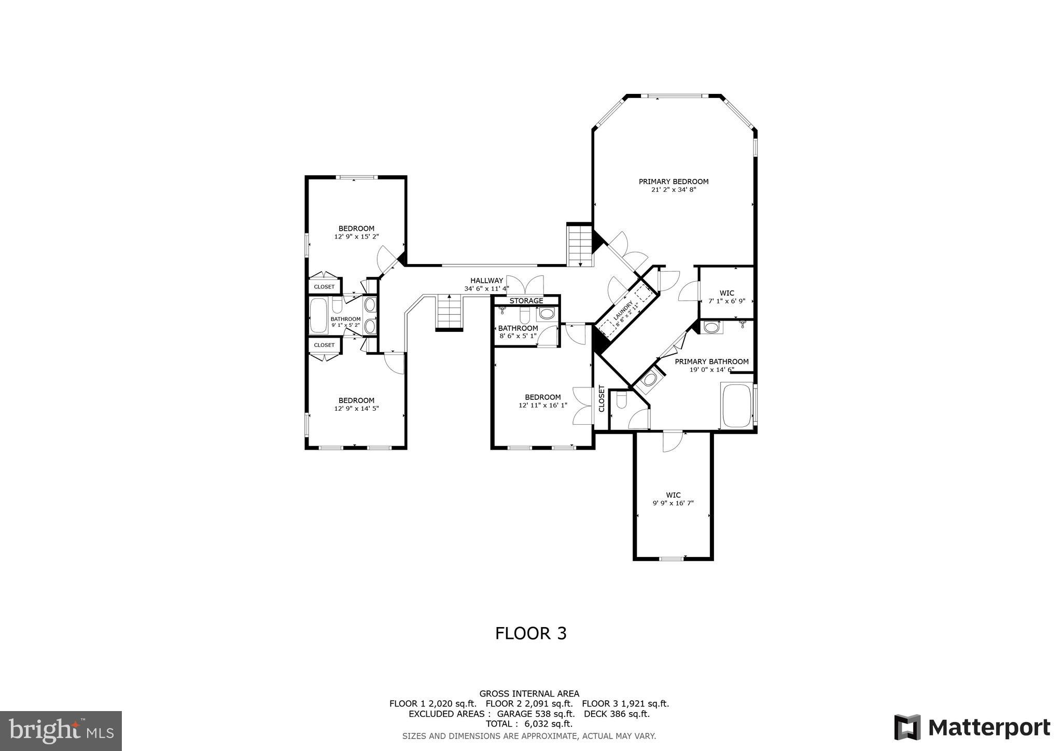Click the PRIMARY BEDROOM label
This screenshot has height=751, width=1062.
point(673,182)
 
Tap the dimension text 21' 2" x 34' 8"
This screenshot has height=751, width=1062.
point(673,190)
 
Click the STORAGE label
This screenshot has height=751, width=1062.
point(526,301)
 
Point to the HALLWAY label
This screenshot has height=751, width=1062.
point(486,281)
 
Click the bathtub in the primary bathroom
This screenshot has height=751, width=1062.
point(736,406)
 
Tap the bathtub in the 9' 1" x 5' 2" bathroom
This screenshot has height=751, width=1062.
point(318,315)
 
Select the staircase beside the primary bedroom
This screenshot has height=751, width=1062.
point(579,245)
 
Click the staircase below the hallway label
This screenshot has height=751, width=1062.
point(449,311)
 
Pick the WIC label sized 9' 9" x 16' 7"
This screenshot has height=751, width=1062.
point(673,495)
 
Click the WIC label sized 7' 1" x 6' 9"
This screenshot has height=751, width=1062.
point(726,293)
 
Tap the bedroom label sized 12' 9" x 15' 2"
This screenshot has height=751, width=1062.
point(356,229)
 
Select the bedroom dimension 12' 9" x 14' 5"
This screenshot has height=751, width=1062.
point(356,409)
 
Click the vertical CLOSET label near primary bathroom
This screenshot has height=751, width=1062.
point(602,398)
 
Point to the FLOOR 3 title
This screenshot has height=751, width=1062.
point(530,633)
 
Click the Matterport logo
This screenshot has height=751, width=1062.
point(972,728)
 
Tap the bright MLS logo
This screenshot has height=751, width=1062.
point(61,731)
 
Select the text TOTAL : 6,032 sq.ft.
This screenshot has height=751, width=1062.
point(529,724)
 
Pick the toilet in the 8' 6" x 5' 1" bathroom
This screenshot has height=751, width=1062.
point(524,315)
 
